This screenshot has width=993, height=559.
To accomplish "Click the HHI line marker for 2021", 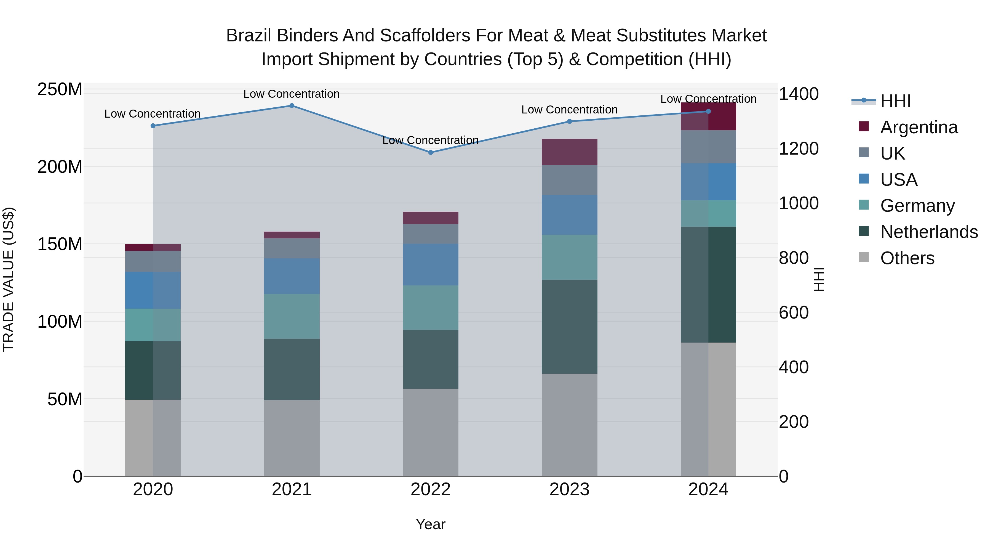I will (292, 106).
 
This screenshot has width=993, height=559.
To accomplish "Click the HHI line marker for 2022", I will (431, 152).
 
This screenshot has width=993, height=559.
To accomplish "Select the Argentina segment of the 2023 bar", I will (569, 152).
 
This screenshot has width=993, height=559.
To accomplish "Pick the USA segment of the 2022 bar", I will (431, 265).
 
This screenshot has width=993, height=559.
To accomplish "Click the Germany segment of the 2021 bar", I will (292, 316).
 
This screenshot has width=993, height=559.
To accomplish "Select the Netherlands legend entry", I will (929, 232).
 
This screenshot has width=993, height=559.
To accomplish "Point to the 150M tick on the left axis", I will (60, 244).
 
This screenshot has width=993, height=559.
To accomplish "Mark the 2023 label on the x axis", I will (569, 489).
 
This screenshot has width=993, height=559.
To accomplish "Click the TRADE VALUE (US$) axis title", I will (9, 279).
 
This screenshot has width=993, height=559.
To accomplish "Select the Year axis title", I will (431, 524).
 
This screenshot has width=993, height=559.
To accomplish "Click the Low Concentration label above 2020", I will (153, 114).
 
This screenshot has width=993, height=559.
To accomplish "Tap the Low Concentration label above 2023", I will (569, 110).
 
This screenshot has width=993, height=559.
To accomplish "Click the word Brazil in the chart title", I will (249, 36).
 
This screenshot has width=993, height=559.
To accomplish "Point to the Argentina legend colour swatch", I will (864, 126).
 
